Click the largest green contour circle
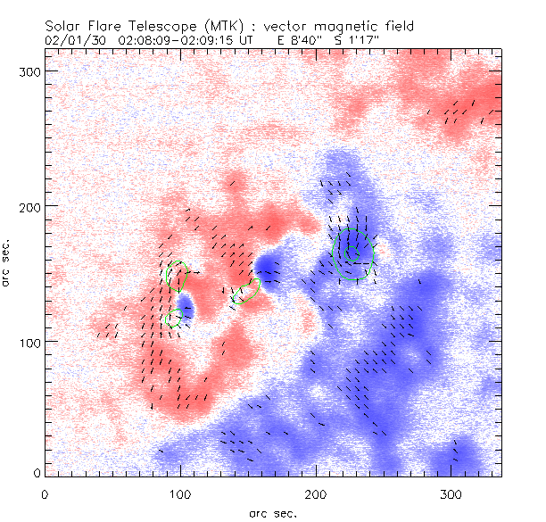[x=352, y=253]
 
